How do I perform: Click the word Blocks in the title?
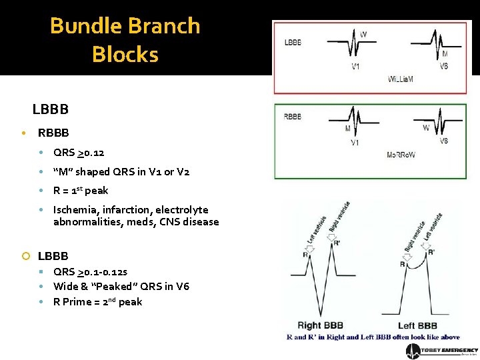[x=125, y=54]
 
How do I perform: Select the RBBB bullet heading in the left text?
[x=53, y=133]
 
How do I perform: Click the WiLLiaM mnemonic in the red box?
[x=400, y=79]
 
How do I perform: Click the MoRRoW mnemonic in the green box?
[x=400, y=155]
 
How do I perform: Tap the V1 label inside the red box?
[x=357, y=65]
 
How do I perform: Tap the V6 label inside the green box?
[x=443, y=141]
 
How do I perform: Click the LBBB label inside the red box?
[x=293, y=41]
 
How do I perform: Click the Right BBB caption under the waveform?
[x=318, y=325]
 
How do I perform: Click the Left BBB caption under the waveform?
[x=417, y=325]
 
